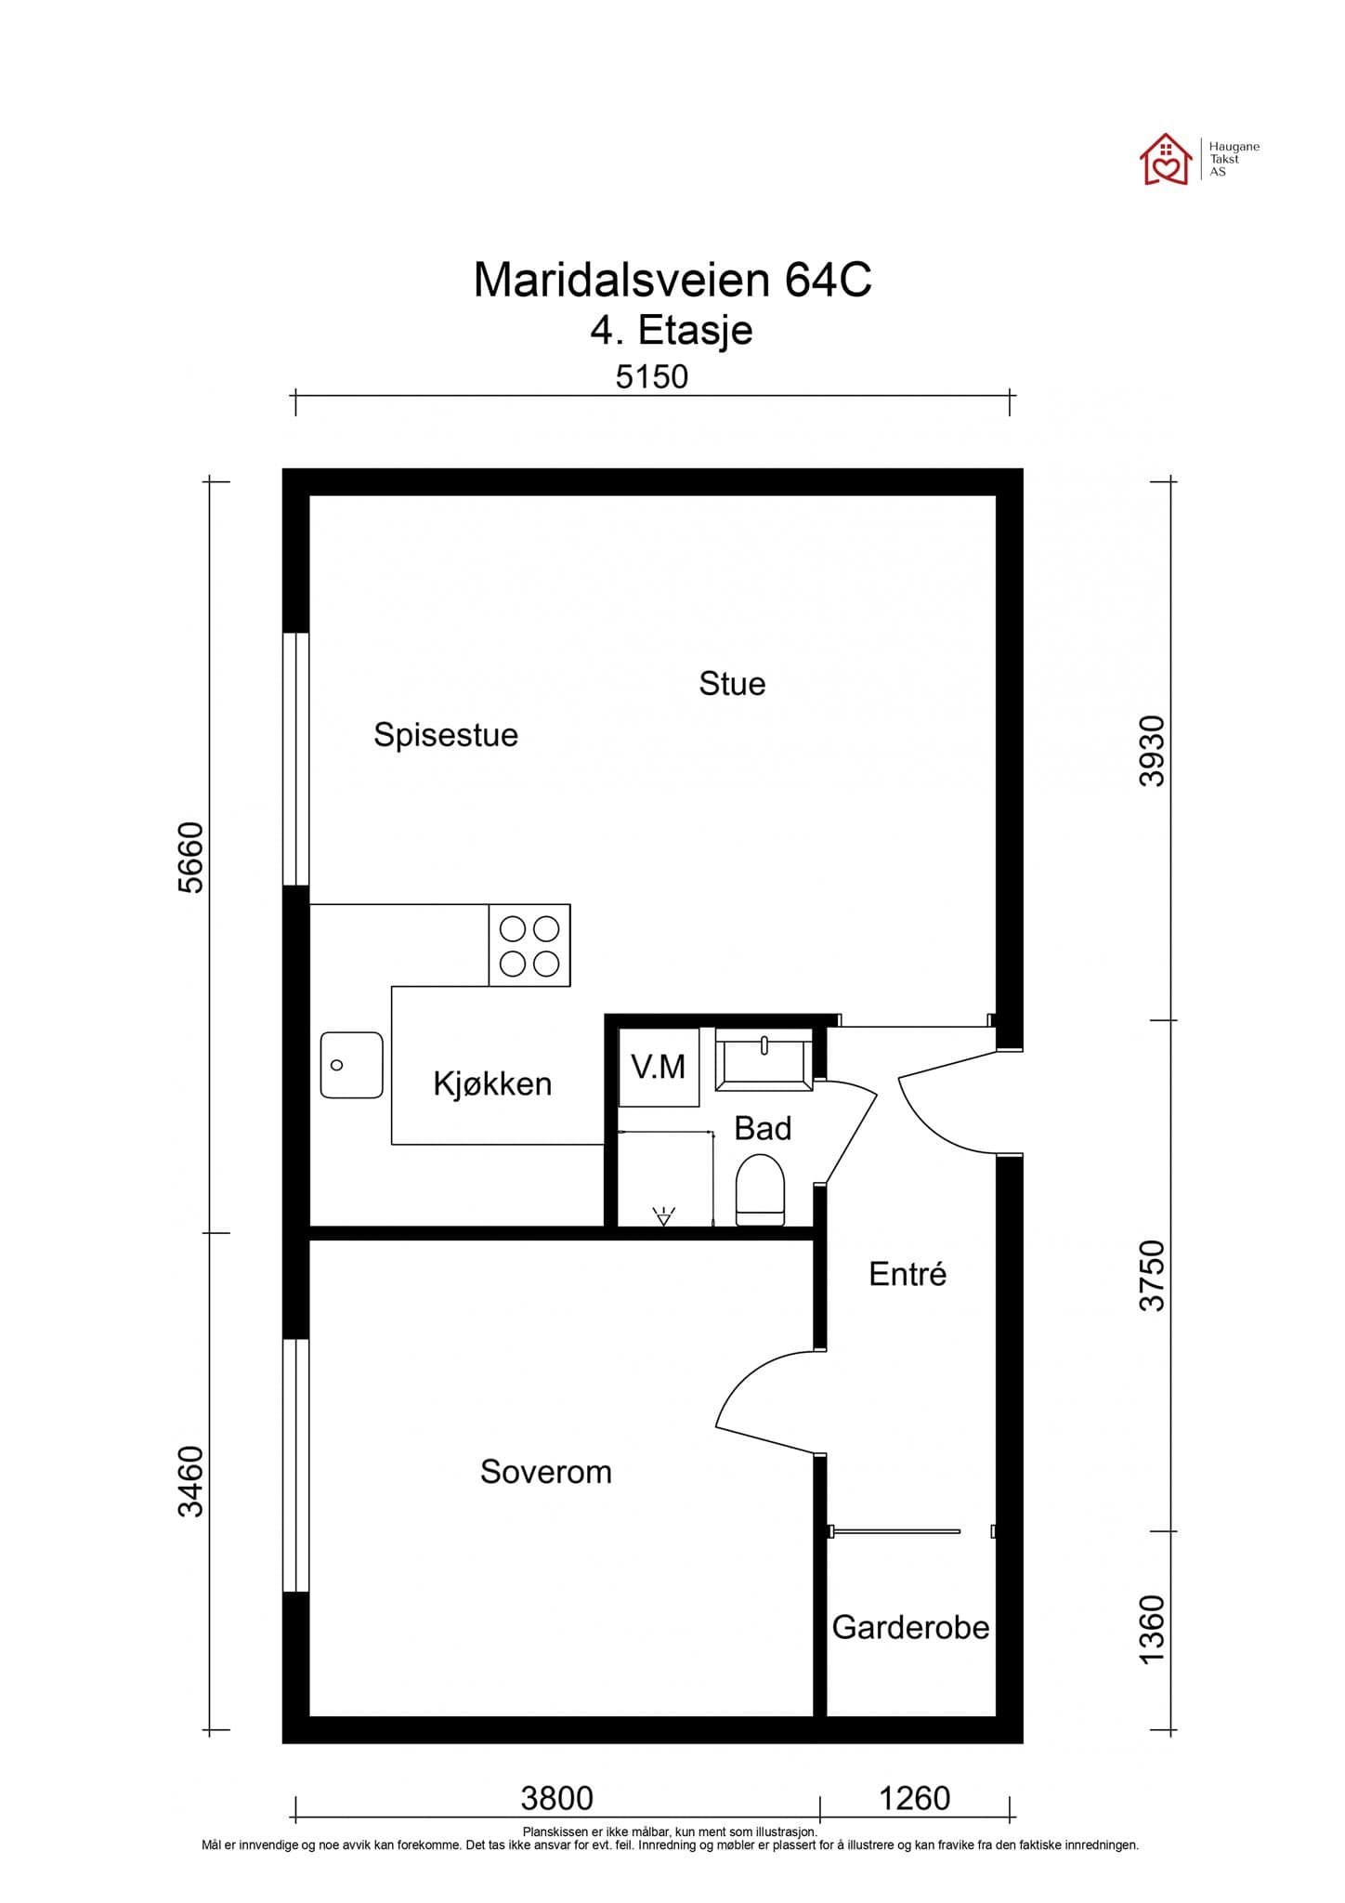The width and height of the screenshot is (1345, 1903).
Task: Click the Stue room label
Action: pos(732,684)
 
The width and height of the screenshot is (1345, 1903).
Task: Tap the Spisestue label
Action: pos(446,735)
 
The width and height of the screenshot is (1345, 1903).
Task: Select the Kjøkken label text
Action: pos(492,1083)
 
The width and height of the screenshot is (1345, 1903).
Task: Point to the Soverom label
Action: pos(546,1472)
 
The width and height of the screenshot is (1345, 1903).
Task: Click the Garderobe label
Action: pos(910,1627)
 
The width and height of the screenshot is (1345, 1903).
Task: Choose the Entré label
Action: pos(908,1273)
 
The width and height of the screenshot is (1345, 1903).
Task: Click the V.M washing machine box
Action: pos(659,1067)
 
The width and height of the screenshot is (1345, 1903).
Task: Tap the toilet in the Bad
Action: pos(760,1190)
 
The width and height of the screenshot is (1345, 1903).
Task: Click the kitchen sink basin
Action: pos(352,1065)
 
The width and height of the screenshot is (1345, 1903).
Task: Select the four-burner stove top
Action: pos(529,945)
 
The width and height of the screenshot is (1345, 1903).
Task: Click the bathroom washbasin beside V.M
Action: pos(764,1059)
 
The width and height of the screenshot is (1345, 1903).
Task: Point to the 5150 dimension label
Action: pos(652,376)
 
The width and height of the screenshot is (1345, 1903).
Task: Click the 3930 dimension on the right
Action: pos(1152,751)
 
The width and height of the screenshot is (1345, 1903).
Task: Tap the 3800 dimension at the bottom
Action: pos(556,1799)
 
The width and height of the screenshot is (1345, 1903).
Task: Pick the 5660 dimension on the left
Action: pos(190,858)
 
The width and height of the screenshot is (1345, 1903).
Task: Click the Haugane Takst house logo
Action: pos(1166,160)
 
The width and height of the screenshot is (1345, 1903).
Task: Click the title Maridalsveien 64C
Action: pos(672,279)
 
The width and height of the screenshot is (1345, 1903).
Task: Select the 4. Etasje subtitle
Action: pos(672,331)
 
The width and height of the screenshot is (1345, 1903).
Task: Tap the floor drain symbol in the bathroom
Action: pos(664,1215)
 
